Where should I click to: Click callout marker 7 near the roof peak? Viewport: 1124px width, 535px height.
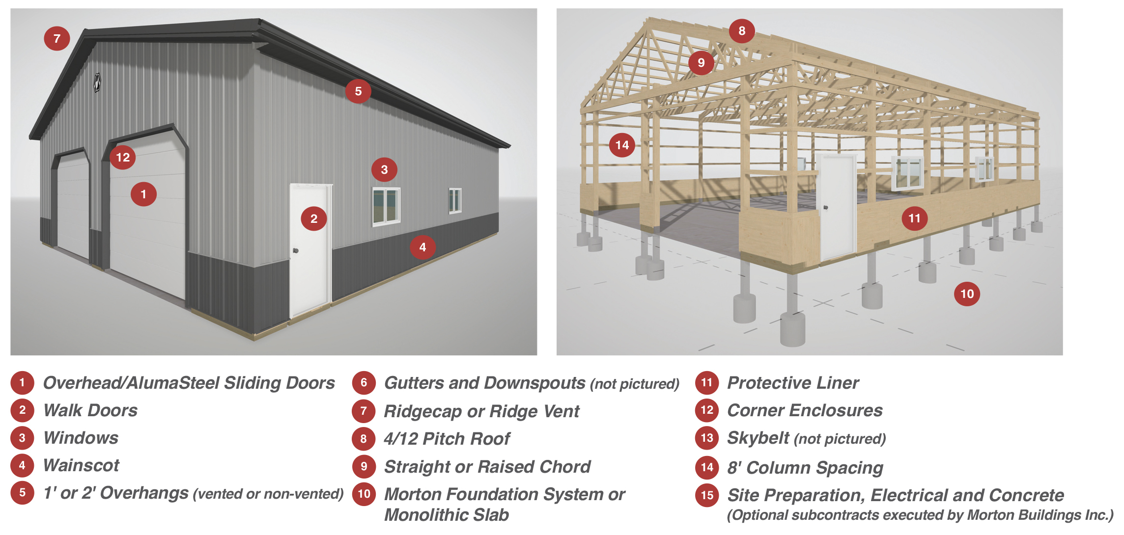pyautogui.click(x=57, y=38)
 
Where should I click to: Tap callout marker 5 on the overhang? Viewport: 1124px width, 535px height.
pyautogui.click(x=358, y=91)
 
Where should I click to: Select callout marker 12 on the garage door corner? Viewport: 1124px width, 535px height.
pyautogui.click(x=123, y=157)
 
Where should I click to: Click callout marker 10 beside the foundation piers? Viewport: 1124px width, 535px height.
pyautogui.click(x=967, y=294)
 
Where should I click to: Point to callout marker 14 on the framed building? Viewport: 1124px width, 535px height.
pyautogui.click(x=622, y=145)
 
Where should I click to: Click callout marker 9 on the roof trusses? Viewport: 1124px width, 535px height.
pyautogui.click(x=701, y=62)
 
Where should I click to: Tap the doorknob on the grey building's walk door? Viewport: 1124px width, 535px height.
pyautogui.click(x=295, y=251)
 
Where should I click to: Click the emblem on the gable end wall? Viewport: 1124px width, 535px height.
pyautogui.click(x=97, y=82)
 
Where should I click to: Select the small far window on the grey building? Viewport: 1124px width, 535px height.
pyautogui.click(x=455, y=201)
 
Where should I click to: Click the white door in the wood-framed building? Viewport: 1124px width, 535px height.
pyautogui.click(x=836, y=206)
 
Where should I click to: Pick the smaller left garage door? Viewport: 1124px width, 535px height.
pyautogui.click(x=73, y=204)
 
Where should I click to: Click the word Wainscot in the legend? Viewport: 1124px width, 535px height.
pyautogui.click(x=81, y=465)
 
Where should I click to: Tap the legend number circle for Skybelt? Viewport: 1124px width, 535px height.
pyautogui.click(x=707, y=438)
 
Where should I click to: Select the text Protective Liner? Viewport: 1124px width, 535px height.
pyautogui.click(x=793, y=383)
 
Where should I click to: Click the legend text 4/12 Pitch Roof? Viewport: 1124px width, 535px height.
pyautogui.click(x=447, y=438)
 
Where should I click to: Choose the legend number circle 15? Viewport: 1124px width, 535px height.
pyautogui.click(x=707, y=495)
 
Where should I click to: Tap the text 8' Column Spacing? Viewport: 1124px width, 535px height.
pyautogui.click(x=805, y=468)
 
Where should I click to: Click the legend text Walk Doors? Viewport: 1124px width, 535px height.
pyautogui.click(x=90, y=410)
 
